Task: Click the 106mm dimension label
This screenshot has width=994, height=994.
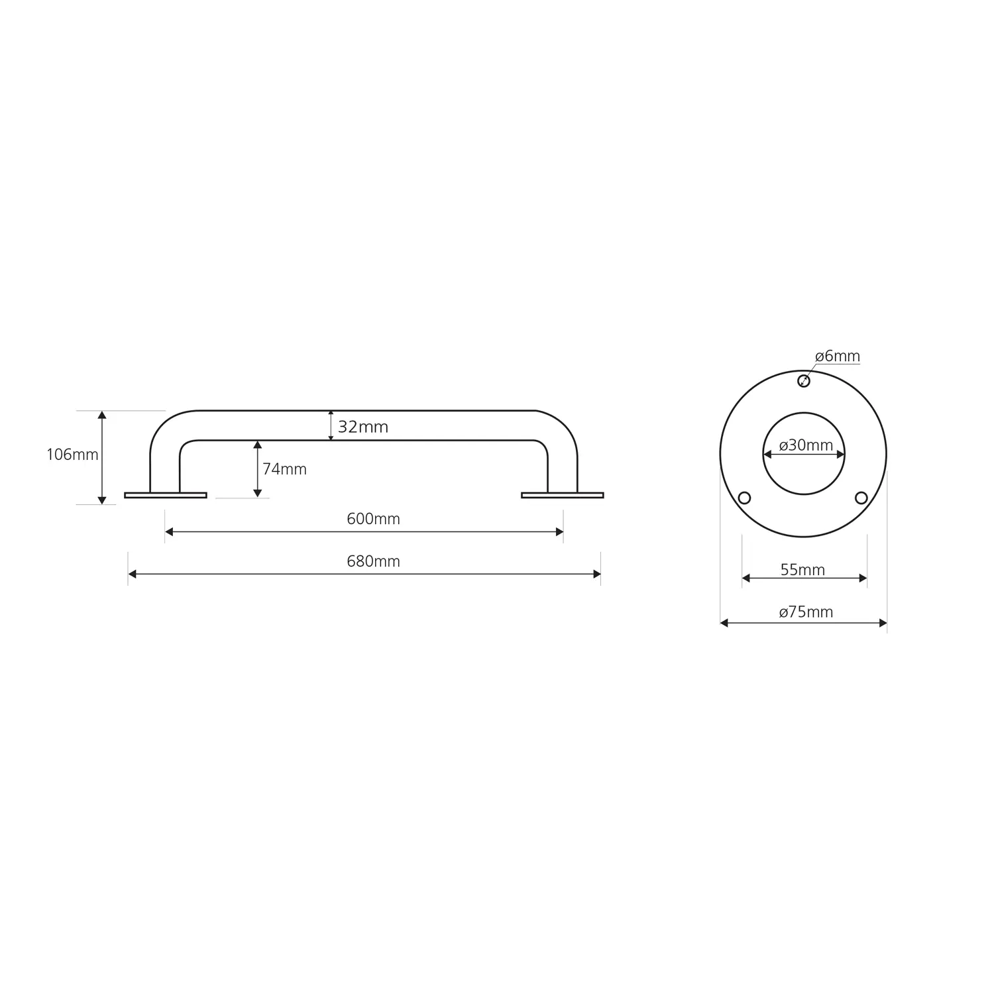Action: click(72, 455)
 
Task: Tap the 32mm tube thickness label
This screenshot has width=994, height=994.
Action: click(362, 427)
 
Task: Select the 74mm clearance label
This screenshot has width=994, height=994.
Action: click(284, 469)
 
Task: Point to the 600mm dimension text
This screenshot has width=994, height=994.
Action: click(373, 519)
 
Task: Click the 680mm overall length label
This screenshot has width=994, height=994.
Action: click(373, 561)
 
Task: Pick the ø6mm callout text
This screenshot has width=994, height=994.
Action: click(838, 357)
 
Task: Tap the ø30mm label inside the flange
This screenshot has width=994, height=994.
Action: click(806, 445)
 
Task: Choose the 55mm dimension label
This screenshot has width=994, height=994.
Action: click(802, 570)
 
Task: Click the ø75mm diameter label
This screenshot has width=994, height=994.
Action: click(806, 612)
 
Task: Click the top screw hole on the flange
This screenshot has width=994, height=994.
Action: click(804, 381)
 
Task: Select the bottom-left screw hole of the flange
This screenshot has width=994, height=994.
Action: click(744, 498)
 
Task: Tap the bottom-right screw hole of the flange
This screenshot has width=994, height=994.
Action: click(861, 498)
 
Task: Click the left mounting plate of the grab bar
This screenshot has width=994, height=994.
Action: click(166, 495)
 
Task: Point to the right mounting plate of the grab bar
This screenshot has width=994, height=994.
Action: click(563, 495)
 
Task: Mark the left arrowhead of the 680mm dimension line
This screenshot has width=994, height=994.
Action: click(132, 574)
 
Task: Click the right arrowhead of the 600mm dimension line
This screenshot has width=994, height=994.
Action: click(559, 531)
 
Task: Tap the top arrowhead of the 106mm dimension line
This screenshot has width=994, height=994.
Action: click(102, 415)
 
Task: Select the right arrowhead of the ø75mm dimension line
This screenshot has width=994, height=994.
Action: click(883, 623)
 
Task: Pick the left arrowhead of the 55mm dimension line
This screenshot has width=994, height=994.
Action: click(746, 579)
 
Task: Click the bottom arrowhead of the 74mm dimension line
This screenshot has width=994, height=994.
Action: click(258, 493)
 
